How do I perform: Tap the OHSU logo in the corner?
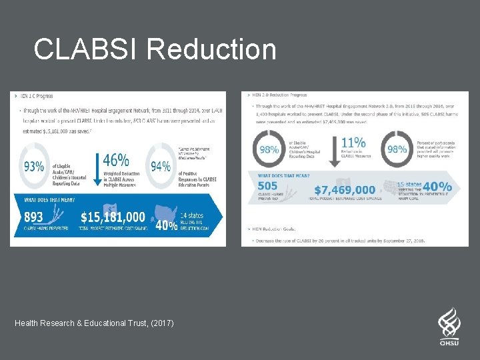pyautogui.click(x=449, y=327)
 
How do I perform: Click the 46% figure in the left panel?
pyautogui.click(x=116, y=160)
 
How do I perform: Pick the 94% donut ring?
pyautogui.click(x=160, y=166)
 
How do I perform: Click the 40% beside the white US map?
pyautogui.click(x=166, y=225)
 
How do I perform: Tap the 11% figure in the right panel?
pyautogui.click(x=353, y=143)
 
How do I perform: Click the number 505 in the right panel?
pyautogui.click(x=267, y=186)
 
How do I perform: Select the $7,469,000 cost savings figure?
pyautogui.click(x=345, y=190)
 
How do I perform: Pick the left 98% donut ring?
pyautogui.click(x=269, y=150)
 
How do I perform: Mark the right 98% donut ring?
pyautogui.click(x=397, y=150)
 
